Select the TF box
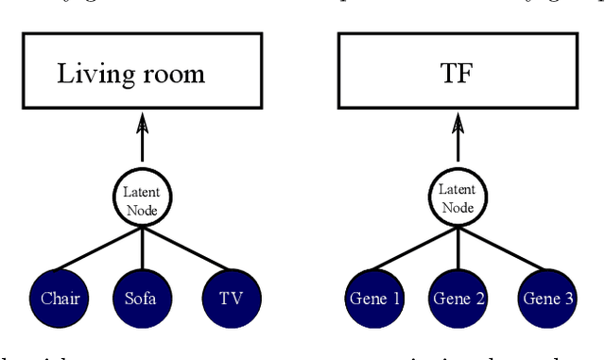[x=458, y=74]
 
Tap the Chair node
[x=60, y=300]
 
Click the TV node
[x=231, y=300]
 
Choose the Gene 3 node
[x=546, y=300]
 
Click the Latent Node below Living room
[x=143, y=200]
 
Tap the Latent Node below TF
[x=458, y=200]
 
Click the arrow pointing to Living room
[x=143, y=138]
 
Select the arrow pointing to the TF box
[x=458, y=138]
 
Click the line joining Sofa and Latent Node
[x=143, y=250]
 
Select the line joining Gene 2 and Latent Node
[x=458, y=250]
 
